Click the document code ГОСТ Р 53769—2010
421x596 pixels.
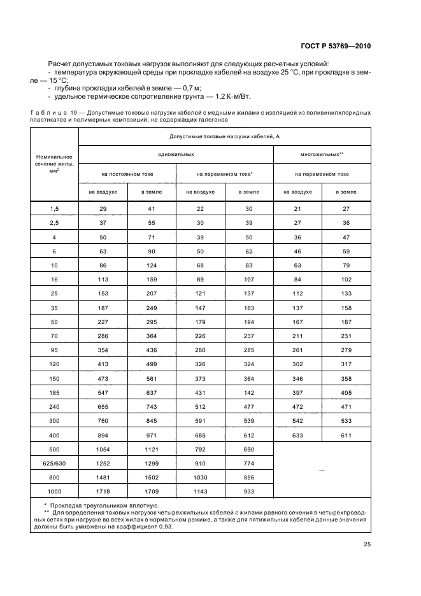[335, 46]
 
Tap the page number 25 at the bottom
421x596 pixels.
[367, 544]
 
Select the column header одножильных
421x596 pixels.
[176, 155]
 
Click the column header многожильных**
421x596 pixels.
[322, 155]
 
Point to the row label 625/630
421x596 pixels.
[54, 464]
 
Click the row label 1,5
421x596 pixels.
[54, 209]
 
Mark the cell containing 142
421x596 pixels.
[248, 392]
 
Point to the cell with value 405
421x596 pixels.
[346, 392]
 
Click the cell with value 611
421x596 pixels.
[346, 435]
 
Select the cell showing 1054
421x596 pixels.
[103, 450]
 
